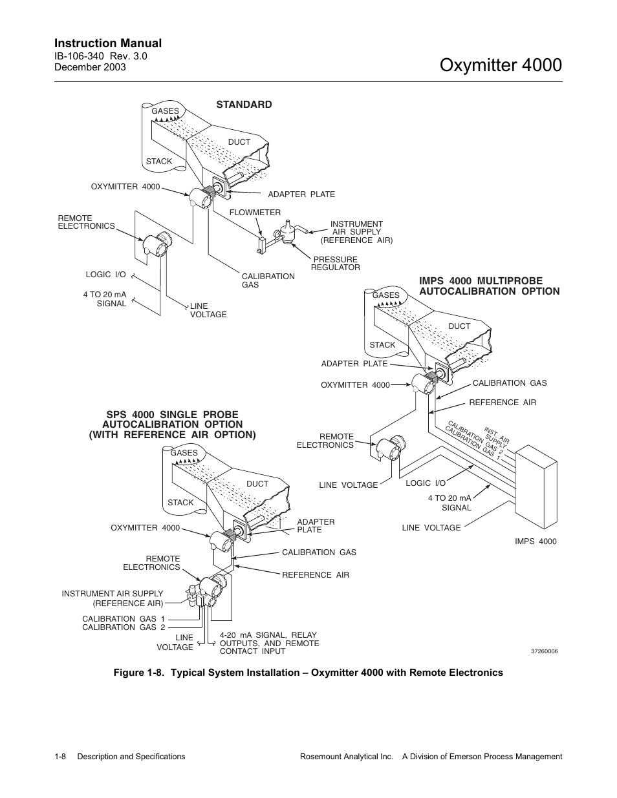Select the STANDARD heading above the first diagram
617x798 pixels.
(x=244, y=105)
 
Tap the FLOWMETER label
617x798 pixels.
(x=255, y=213)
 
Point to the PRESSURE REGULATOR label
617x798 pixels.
(x=335, y=263)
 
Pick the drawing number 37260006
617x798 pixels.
(x=544, y=651)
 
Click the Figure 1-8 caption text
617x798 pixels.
(x=308, y=673)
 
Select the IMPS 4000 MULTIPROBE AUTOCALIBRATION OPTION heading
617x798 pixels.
(x=489, y=286)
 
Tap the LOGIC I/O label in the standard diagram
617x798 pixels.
(x=105, y=275)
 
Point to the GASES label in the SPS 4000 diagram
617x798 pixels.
(x=184, y=453)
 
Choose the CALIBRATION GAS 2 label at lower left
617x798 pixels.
(x=124, y=627)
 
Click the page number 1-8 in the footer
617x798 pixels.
(x=62, y=757)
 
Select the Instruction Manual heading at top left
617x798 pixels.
(x=108, y=43)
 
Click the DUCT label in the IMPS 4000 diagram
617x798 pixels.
(x=459, y=326)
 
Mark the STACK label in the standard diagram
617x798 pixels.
(x=159, y=162)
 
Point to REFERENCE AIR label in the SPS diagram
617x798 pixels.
(x=315, y=575)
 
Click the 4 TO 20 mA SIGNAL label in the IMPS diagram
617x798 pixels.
(x=449, y=503)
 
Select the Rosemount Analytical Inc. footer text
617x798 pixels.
(x=347, y=757)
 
